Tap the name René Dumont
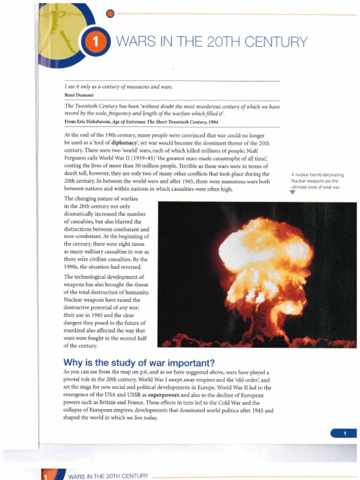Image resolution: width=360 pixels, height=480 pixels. click(x=79, y=95)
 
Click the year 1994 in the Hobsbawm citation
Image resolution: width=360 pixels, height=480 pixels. click(x=213, y=122)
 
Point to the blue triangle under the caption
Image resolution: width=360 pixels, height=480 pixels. click(x=293, y=192)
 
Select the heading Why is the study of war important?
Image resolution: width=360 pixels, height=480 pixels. click(x=139, y=362)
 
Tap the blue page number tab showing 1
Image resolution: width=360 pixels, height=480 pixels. click(x=344, y=433)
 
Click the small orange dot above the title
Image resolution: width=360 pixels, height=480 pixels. click(x=110, y=14)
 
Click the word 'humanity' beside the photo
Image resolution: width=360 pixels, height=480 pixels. click(x=136, y=292)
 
